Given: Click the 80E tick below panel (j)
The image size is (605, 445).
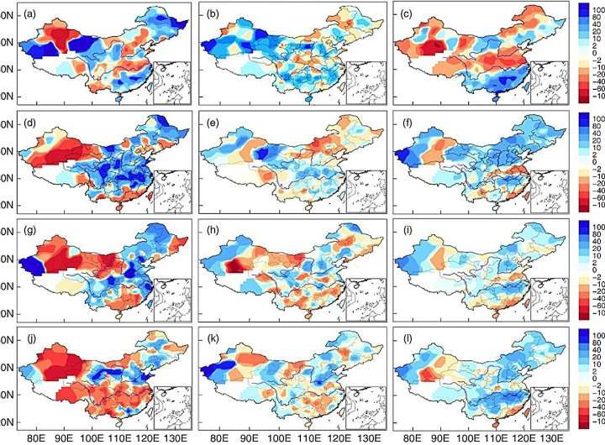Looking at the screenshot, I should (x=36, y=437).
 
